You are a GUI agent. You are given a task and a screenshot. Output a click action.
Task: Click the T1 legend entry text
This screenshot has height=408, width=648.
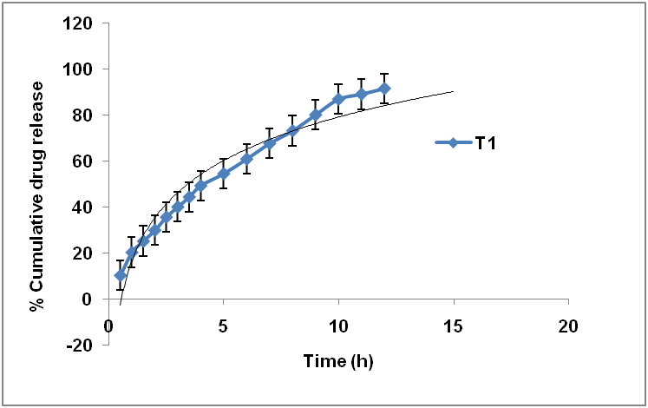point(486,143)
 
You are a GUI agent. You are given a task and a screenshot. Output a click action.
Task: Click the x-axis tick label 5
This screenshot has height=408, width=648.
point(224,326)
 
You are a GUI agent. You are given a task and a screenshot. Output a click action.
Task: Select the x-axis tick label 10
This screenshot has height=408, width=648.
point(338,326)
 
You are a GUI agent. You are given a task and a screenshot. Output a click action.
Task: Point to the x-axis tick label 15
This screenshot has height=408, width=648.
point(453,326)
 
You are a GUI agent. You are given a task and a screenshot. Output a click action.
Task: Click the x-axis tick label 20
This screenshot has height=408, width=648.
point(567,326)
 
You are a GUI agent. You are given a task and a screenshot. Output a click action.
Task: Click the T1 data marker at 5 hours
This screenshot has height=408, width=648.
point(224,174)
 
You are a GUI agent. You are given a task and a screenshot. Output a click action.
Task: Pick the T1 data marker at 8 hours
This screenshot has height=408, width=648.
point(292,130)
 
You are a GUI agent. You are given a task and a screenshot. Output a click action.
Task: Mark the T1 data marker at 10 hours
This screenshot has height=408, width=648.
point(338,99)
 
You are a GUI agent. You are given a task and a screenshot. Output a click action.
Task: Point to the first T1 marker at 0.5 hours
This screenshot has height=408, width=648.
point(121,275)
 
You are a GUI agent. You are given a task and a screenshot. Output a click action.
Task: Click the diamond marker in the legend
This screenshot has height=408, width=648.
point(453,143)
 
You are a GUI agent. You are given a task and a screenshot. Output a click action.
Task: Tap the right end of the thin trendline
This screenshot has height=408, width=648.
point(452,91)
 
